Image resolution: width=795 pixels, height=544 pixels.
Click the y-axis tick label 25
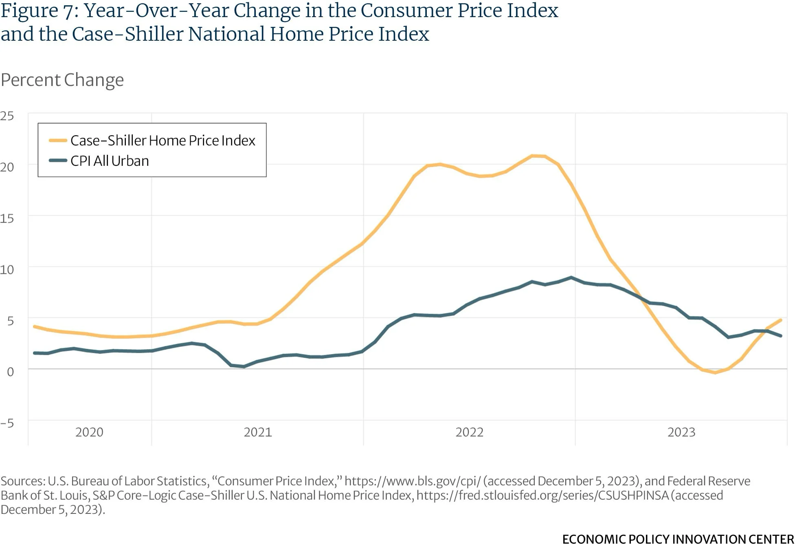7,116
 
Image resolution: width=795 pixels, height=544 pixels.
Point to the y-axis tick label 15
7,218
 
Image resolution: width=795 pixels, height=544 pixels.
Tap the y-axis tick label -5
7,423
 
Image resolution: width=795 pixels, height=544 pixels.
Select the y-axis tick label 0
10,372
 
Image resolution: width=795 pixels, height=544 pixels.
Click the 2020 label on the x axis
89,432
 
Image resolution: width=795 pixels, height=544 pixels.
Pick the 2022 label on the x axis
469,432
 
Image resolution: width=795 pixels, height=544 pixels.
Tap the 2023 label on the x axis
681,432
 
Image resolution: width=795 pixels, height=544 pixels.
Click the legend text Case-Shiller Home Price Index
163,141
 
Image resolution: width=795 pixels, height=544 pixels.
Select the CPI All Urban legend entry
110,161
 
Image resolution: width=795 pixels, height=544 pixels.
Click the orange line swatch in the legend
58,141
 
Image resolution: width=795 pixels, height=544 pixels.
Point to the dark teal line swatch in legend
58,161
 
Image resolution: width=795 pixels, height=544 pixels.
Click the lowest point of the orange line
715,372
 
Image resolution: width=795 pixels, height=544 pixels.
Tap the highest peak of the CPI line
571,278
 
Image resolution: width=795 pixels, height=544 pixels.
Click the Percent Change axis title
62,80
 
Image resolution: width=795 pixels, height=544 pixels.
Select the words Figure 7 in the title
40,11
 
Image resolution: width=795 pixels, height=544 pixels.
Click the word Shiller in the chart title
154,34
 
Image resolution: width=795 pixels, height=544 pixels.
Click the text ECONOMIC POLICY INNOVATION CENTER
678,539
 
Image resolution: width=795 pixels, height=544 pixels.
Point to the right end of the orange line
781,320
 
